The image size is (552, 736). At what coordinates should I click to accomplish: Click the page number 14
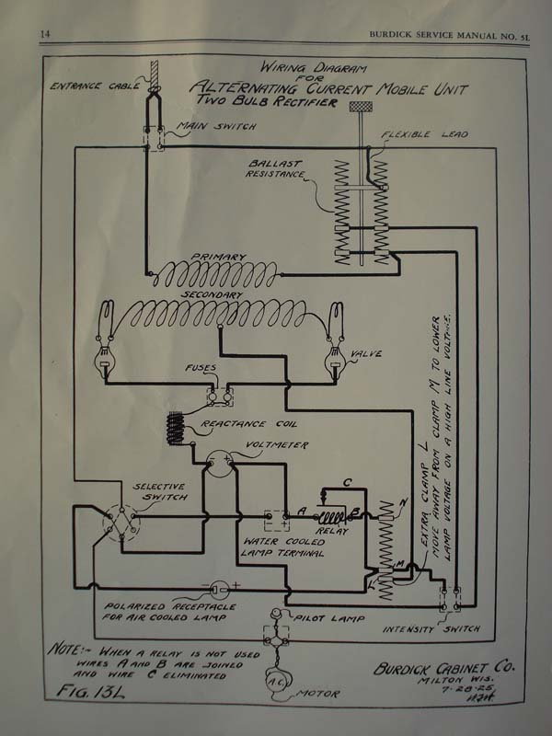click(43, 34)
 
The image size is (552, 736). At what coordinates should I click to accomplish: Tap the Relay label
click(332, 531)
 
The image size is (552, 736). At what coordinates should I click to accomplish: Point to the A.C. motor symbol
click(276, 680)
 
